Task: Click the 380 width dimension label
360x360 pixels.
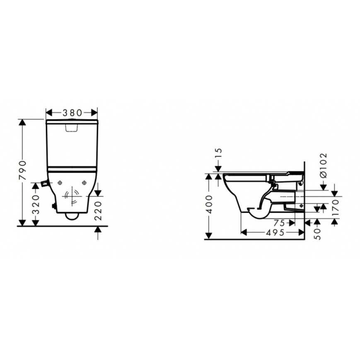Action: pos(72,113)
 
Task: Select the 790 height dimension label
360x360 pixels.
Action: pos(22,170)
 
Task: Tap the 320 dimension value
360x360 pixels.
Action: pos(36,205)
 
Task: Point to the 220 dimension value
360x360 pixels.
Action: pos(98,210)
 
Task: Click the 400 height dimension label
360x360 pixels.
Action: pos(209,204)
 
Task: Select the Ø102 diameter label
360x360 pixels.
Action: pos(323,166)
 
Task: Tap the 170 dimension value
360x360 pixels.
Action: pos(336,207)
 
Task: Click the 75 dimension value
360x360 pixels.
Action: pos(279,223)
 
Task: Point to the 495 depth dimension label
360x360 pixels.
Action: pos(275,232)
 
